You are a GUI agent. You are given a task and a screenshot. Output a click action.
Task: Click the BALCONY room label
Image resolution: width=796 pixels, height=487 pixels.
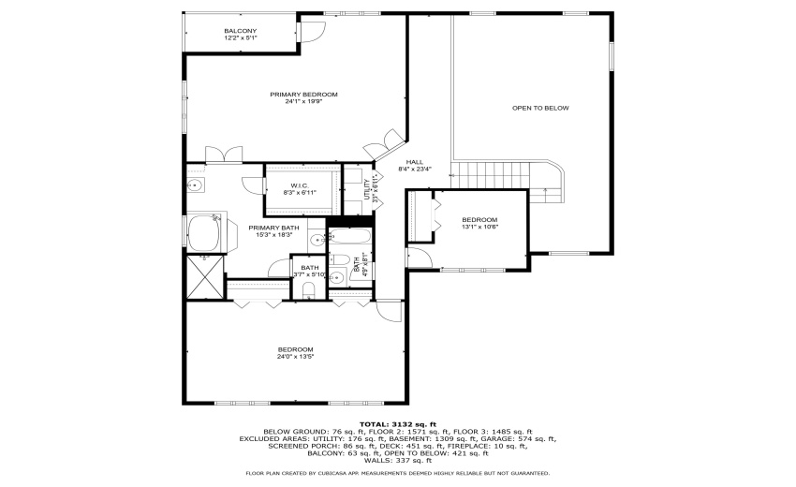[240, 31]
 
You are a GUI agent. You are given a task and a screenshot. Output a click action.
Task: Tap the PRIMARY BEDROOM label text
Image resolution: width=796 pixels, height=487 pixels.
[303, 95]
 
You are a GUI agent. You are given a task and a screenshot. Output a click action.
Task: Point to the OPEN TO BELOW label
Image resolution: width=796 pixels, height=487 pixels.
[540, 108]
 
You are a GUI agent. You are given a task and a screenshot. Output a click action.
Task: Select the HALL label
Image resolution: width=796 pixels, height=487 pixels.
[414, 162]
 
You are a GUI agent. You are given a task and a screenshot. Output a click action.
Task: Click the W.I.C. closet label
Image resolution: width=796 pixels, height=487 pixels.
[300, 185]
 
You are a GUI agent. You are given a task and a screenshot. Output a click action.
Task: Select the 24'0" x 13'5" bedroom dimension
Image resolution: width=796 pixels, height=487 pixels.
[295, 357]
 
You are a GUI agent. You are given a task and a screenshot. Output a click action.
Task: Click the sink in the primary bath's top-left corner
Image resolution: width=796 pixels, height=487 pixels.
[197, 186]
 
